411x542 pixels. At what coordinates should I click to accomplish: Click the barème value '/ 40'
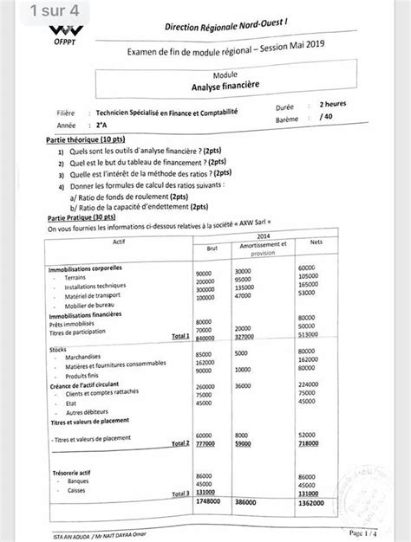point(326,115)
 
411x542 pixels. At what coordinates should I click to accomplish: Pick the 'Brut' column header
point(212,248)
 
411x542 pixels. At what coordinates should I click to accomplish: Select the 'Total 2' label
point(180,442)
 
